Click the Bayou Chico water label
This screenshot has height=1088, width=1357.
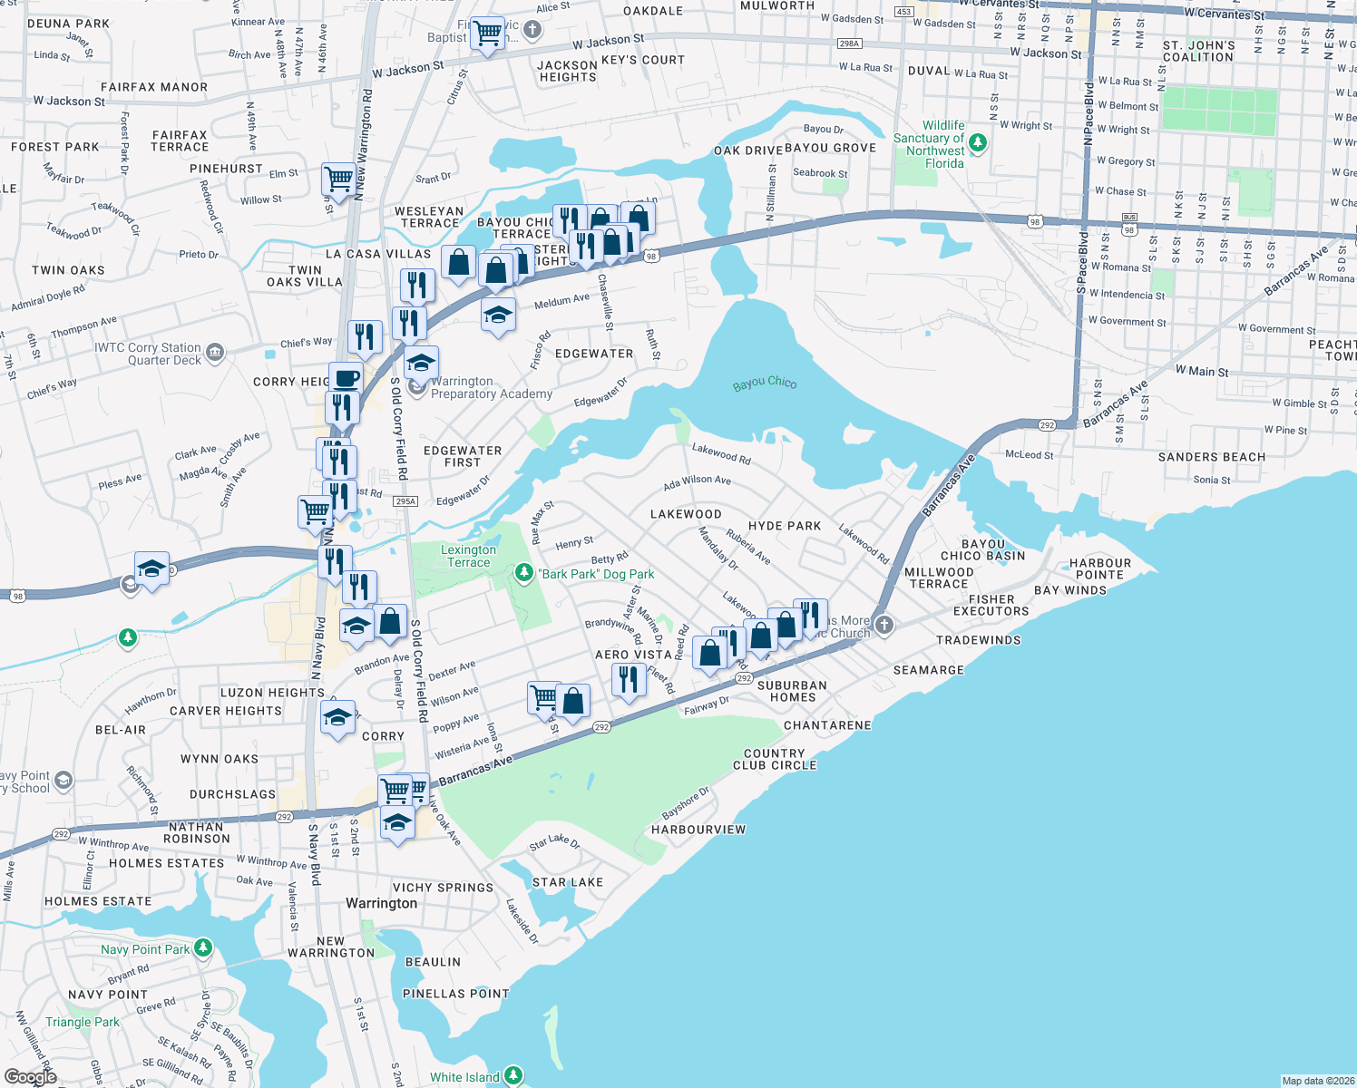765,384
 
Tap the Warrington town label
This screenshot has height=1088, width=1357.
382,903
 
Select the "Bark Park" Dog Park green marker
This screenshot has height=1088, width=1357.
524,573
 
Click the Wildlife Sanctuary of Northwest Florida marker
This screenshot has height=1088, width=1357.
978,142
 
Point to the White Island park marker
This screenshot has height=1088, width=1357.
513,1076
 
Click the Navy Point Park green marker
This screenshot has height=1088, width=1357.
203,948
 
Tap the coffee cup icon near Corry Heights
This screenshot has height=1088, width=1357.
345,377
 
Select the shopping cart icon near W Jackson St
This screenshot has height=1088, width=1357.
488,33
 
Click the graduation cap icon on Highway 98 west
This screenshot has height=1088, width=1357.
151,568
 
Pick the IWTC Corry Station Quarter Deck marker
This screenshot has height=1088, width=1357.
215,353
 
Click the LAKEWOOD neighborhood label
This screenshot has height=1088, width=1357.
686,514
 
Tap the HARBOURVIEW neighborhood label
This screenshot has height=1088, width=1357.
698,830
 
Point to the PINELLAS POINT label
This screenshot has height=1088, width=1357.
455,994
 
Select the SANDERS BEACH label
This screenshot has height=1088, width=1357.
1211,457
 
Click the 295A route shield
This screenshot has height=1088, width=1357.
405,501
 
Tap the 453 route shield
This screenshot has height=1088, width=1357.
903,12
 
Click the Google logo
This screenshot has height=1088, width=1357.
31,1076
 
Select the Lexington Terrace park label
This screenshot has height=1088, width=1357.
468,556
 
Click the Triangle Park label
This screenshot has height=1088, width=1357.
83,1022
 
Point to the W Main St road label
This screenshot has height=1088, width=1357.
1202,371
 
